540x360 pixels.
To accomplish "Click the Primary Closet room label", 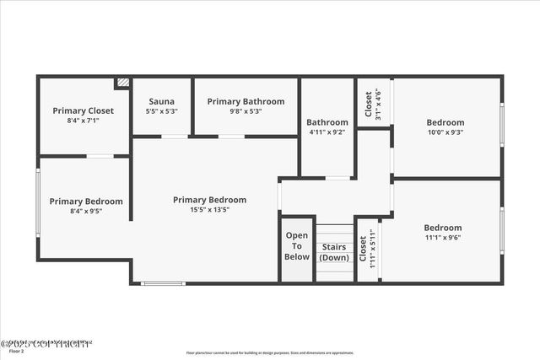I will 83,110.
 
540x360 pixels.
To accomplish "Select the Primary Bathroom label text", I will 246,101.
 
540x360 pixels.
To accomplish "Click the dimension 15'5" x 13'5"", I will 209,210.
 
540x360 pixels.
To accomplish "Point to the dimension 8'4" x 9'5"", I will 85,212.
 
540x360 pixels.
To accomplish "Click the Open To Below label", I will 297,245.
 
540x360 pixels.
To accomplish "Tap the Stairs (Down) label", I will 335,252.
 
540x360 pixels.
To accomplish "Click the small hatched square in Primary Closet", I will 123,83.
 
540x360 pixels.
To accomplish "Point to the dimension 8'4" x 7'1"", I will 83,121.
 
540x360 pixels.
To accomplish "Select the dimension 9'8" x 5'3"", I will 246,111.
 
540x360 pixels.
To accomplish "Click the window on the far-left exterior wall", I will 37,202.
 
